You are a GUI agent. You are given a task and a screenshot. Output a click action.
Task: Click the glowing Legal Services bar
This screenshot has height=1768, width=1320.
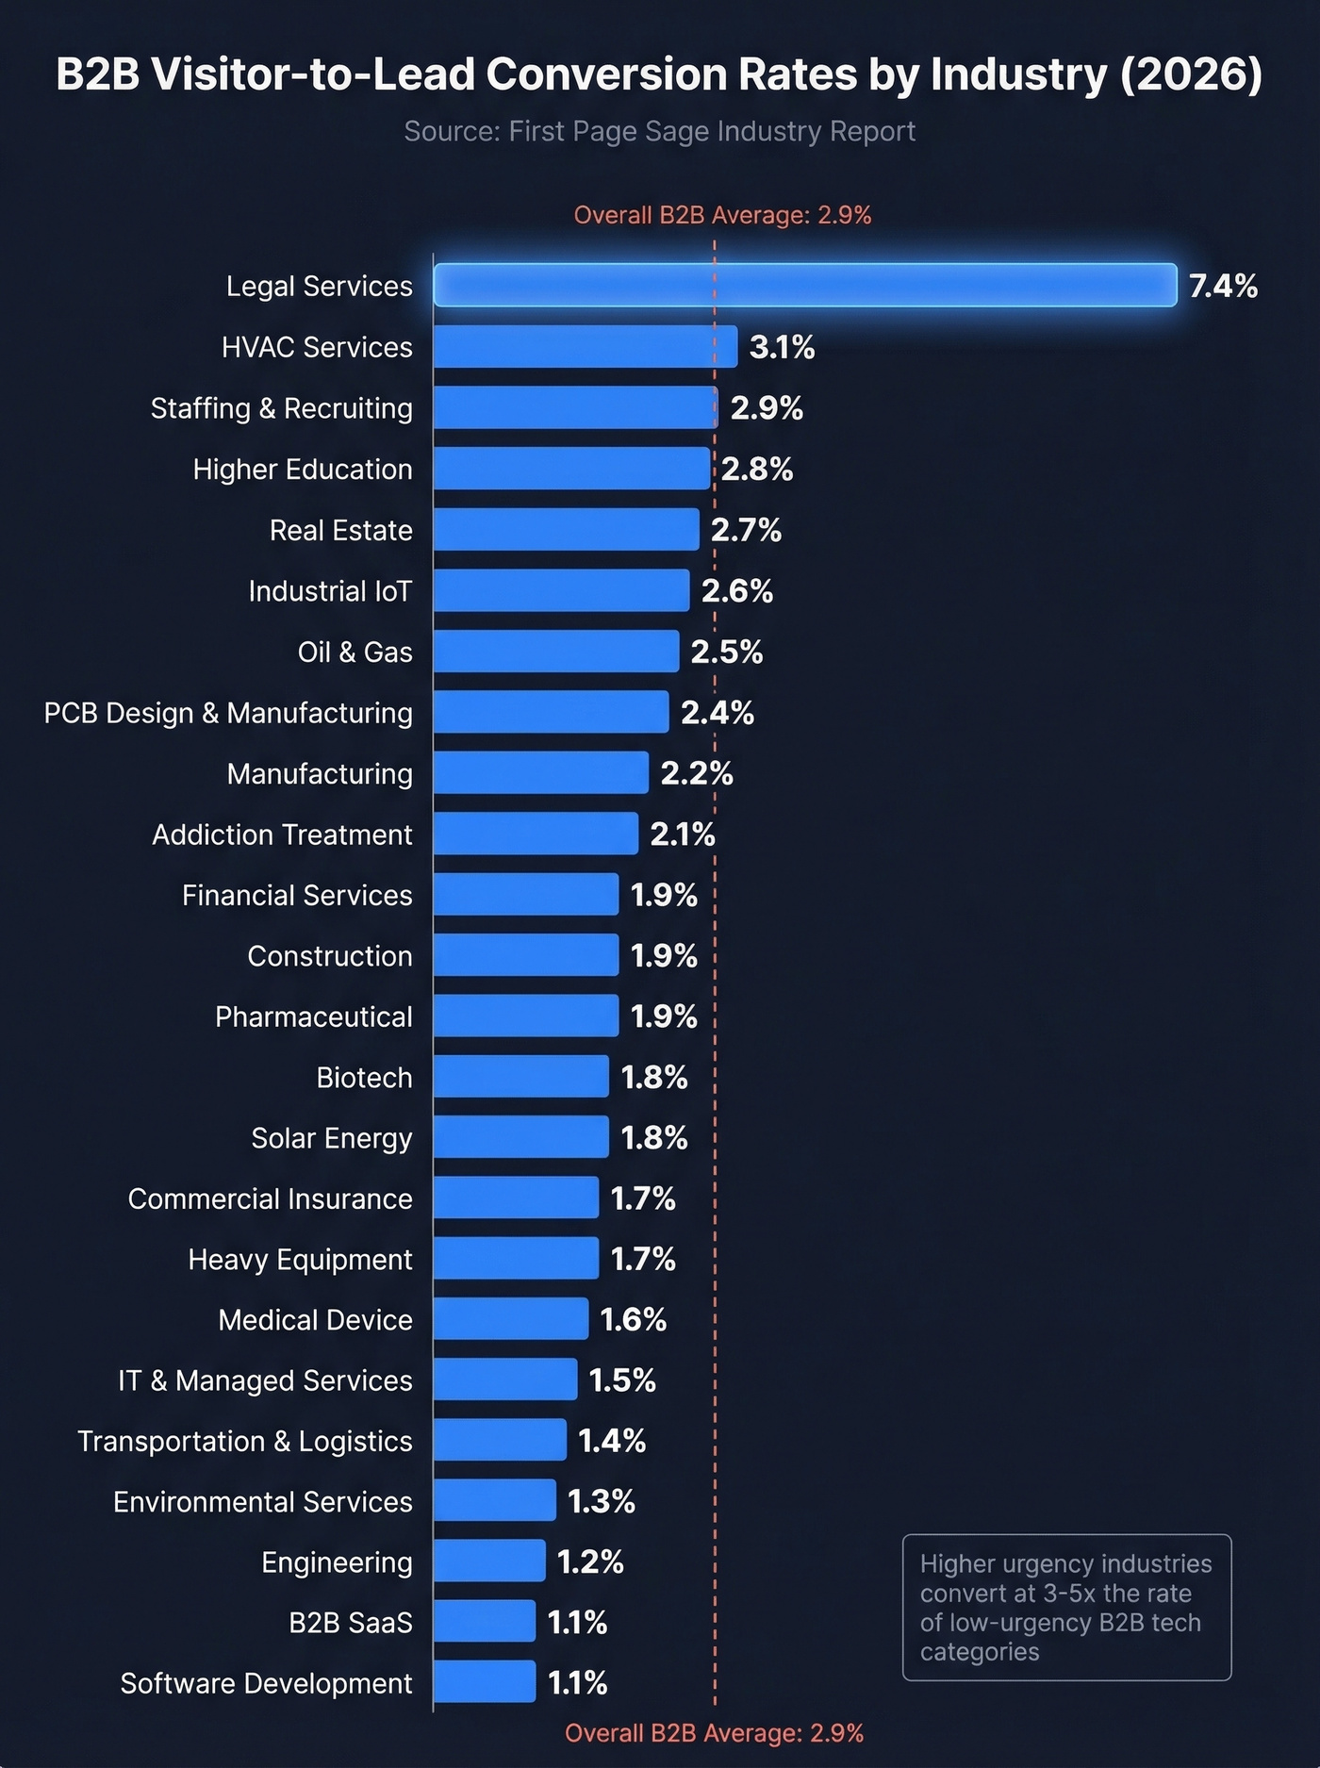pos(805,285)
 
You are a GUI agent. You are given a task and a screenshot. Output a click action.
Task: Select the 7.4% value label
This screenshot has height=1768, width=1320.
pos(1223,286)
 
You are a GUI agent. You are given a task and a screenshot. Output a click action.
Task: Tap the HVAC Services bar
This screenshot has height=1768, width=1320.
pos(585,347)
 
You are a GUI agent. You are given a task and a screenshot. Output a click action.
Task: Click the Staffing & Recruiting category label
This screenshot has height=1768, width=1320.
pos(281,408)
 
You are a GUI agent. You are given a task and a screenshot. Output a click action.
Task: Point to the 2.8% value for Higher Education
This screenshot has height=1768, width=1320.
pos(757,469)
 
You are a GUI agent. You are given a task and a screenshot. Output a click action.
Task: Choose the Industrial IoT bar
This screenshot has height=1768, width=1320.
pos(561,590)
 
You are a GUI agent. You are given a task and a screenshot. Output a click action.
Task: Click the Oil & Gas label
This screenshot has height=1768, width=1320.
pos(355,652)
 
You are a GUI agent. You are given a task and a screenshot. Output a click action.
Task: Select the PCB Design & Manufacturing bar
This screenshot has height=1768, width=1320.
pos(551,712)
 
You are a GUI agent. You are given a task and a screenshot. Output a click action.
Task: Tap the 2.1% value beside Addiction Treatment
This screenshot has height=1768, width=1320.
pos(683,834)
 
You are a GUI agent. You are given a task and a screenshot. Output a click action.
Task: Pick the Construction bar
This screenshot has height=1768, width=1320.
pos(525,955)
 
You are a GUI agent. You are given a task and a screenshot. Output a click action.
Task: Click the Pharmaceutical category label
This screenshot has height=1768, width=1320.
pos(313,1016)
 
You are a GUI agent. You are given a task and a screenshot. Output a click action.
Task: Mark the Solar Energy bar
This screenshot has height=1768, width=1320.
pos(520,1137)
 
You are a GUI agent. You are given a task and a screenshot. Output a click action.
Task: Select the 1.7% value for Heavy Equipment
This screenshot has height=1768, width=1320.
pos(643,1259)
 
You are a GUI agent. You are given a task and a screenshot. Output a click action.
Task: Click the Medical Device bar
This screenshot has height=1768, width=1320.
pos(510,1319)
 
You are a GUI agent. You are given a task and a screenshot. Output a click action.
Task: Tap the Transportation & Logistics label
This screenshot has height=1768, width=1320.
pos(244,1441)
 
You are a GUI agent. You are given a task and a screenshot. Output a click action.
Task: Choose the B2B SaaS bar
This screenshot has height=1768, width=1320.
pos(484,1622)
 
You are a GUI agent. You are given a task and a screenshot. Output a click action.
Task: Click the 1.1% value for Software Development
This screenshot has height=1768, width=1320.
pos(577,1683)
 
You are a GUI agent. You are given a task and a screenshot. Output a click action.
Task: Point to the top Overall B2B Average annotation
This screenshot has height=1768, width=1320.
pos(722,215)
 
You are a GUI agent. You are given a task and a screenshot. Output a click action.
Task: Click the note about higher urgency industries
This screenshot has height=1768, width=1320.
pos(1066,1608)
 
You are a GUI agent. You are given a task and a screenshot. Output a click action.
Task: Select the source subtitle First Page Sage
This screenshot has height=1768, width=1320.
pos(659,131)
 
